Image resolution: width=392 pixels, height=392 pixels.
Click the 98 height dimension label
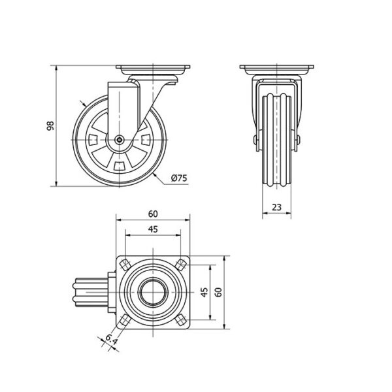[50, 125]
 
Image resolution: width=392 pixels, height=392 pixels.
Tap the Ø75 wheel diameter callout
[179, 178]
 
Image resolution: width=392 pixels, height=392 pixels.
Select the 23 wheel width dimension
[276, 207]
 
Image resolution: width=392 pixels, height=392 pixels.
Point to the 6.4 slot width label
[111, 339]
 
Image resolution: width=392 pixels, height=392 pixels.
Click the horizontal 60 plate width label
[153, 214]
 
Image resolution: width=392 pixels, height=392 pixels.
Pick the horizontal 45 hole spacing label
[153, 229]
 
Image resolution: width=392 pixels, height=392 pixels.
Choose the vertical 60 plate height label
[218, 292]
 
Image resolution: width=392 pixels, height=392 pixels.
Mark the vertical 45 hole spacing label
[204, 292]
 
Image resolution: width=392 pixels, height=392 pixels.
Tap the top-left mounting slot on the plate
[125, 265]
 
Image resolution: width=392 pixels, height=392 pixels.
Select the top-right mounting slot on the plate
[181, 265]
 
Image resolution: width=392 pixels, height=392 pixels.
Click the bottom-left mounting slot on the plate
[125, 319]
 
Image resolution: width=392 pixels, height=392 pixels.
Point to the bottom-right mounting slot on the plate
[180, 319]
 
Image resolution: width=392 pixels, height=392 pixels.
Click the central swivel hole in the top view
[153, 292]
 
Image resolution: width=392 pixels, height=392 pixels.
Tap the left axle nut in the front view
[255, 140]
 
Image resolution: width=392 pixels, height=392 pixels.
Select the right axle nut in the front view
[298, 140]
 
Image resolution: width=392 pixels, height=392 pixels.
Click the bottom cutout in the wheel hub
[120, 166]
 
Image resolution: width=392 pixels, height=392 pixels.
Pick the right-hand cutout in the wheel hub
[146, 140]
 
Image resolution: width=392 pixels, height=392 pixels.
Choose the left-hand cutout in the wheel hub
[93, 140]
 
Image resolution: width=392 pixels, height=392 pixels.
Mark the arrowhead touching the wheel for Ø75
[155, 175]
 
